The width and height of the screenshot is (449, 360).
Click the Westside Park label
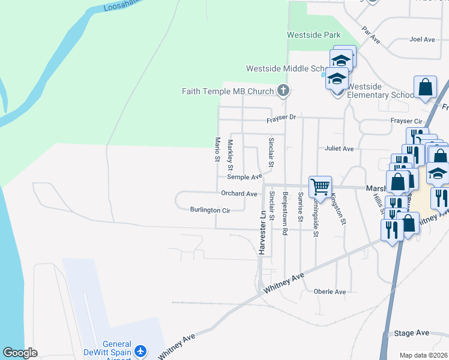coord(313,35)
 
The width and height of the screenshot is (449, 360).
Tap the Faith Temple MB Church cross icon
coord(283,91)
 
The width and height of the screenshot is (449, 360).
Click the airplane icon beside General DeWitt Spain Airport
coord(140,350)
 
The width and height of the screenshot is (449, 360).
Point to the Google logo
coord(20,353)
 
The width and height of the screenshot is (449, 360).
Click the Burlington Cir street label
coord(210,210)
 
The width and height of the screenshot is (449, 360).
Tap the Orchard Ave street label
coord(239,194)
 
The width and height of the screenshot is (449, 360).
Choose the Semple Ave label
coord(244,177)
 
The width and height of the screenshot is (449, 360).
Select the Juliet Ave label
coord(339,148)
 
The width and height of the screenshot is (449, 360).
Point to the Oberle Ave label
coord(330,292)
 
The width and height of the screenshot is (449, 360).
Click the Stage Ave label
coord(412,333)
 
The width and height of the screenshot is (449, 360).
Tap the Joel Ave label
coord(421,40)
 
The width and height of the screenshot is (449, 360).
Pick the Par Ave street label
coord(371,34)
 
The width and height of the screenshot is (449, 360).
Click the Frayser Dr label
coord(282,118)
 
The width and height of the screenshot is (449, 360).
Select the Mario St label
coord(218,149)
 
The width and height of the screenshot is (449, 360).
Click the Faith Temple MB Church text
coord(228,91)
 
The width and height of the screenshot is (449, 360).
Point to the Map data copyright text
coord(423,355)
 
